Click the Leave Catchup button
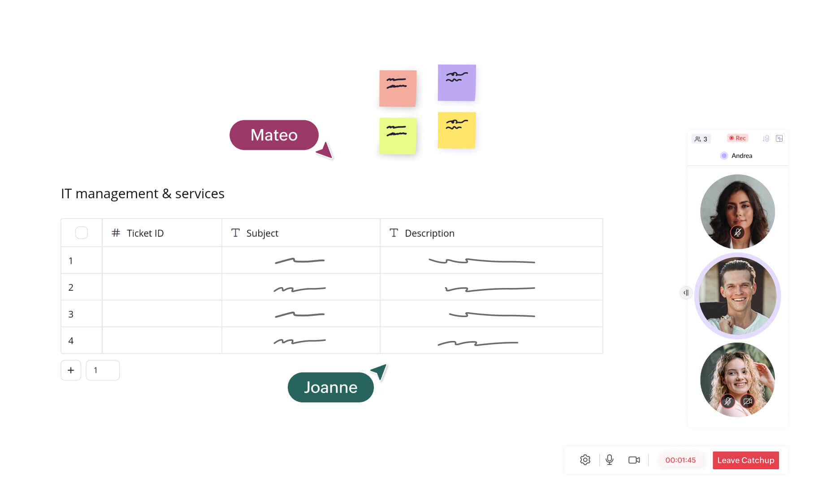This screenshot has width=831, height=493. coord(745,460)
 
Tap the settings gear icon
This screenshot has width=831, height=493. coord(585,460)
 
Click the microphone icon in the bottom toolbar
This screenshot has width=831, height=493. coord(609,460)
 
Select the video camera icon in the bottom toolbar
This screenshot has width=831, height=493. coord(634,460)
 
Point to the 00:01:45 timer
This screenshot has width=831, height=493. coord(680,460)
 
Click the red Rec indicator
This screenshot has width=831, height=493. coord(737,138)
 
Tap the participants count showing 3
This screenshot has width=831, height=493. coord(701,139)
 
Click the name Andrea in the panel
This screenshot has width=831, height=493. coord(741,156)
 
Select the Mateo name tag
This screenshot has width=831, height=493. coord(274,135)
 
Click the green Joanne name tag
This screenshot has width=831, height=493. coord(330,387)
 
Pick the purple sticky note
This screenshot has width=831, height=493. coord(456,83)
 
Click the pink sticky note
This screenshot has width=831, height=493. coord(398,88)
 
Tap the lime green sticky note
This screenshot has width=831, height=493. coord(398,136)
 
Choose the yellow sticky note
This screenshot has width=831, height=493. coord(456,130)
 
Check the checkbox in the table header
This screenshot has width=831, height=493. coord(82,233)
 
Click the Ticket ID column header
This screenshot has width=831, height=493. coord(145,233)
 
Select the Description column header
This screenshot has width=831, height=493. coord(429,233)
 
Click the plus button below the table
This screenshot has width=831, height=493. coord(71,370)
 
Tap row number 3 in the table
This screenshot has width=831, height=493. coord(71,314)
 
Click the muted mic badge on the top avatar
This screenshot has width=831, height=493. coord(737,232)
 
